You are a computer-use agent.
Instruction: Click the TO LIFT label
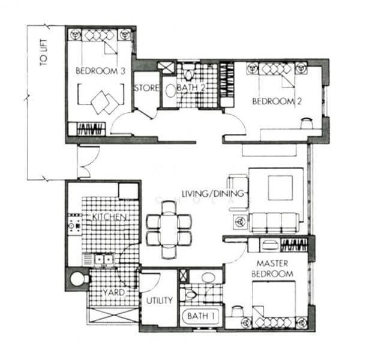click(x=44, y=52)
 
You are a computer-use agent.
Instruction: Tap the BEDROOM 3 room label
click(x=100, y=71)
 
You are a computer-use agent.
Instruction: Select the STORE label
click(x=146, y=88)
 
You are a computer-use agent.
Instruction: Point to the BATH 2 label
click(x=191, y=88)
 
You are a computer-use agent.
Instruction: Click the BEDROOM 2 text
click(x=277, y=101)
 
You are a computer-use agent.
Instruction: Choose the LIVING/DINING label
click(x=213, y=193)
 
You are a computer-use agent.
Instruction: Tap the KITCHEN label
click(x=109, y=217)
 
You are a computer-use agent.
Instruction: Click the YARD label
click(x=114, y=293)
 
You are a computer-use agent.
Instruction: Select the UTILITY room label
click(x=159, y=301)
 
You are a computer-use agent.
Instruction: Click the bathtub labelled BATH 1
click(x=200, y=316)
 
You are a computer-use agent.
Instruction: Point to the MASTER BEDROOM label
click(x=272, y=268)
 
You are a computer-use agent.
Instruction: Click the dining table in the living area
click(x=169, y=229)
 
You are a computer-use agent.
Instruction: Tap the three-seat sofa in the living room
click(x=274, y=223)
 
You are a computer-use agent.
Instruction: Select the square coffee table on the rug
click(x=280, y=188)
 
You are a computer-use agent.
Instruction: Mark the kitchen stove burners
click(x=74, y=223)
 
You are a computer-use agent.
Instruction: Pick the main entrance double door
click(x=88, y=161)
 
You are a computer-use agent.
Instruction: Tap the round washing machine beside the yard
click(x=78, y=279)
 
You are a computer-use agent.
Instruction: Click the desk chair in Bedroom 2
click(x=307, y=122)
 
